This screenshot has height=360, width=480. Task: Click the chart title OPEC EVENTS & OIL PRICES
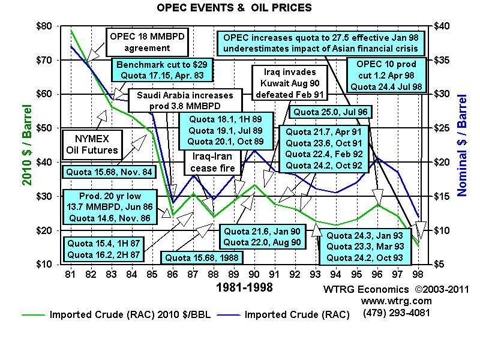click(x=234, y=8)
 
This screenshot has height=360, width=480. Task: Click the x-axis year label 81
click(x=71, y=274)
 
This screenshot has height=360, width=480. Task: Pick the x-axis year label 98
click(x=417, y=274)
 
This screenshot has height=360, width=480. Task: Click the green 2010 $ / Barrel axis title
click(x=28, y=145)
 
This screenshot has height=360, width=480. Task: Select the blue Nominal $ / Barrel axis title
click(x=462, y=145)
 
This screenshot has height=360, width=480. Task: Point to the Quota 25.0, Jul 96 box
click(x=331, y=112)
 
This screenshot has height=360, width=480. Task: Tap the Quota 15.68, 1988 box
click(x=197, y=258)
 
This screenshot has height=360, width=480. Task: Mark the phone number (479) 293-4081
click(x=396, y=312)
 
